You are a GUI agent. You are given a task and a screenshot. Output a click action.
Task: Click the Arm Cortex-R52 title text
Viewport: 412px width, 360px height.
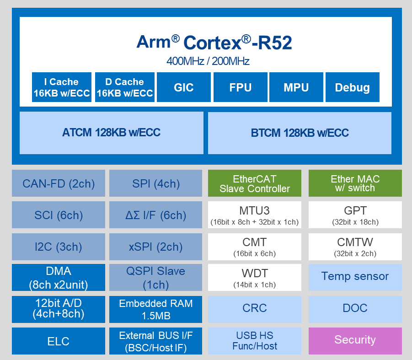[x=214, y=42]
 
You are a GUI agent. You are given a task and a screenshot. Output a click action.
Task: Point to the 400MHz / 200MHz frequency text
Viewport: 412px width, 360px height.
[x=208, y=61]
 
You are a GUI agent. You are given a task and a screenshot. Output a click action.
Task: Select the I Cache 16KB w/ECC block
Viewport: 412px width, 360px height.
[x=61, y=87]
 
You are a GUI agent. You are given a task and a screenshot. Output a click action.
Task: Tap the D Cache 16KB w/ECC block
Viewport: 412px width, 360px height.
[x=125, y=87]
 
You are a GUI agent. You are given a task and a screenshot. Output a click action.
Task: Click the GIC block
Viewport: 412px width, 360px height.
[x=183, y=87]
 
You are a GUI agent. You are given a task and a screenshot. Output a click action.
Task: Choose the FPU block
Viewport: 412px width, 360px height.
[x=240, y=87]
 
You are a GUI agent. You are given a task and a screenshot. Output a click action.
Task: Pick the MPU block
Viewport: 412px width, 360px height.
[x=296, y=87]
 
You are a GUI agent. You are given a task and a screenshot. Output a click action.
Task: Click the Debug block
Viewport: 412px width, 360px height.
[x=352, y=87]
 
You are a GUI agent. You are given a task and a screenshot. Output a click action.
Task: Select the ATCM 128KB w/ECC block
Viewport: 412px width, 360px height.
[x=111, y=133]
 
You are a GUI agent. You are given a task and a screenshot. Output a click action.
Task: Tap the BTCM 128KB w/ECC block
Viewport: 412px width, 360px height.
[x=300, y=133]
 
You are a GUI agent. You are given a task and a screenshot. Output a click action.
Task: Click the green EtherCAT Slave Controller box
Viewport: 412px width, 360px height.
[x=255, y=183]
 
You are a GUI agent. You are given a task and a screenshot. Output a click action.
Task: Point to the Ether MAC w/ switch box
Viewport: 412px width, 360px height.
[x=355, y=183]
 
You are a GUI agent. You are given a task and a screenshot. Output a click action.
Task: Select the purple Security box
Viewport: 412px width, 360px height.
[x=355, y=340]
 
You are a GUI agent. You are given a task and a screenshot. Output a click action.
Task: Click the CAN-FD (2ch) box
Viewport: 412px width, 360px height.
[x=59, y=183]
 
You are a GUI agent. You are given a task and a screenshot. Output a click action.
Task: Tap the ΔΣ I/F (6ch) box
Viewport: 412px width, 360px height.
[x=155, y=215]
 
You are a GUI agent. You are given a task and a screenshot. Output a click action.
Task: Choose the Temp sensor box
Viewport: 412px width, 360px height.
[x=355, y=277]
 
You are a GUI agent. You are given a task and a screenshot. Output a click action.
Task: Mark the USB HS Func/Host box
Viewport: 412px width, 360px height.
[x=255, y=340]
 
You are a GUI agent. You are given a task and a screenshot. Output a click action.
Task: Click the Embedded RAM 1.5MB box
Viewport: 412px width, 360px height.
[x=155, y=309]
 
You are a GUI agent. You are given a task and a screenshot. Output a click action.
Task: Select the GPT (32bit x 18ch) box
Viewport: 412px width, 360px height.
[x=355, y=215]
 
